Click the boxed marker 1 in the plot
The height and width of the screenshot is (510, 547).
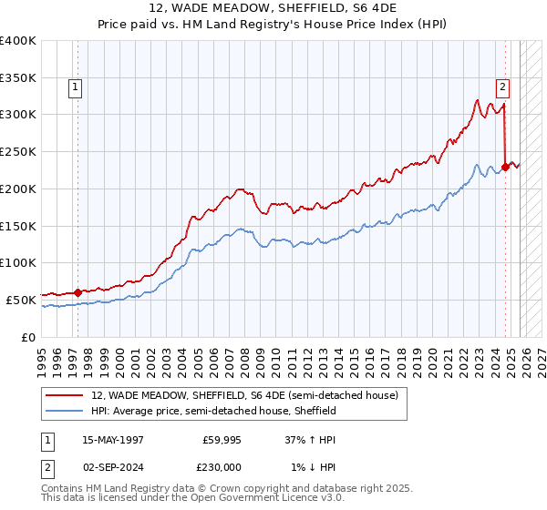75,87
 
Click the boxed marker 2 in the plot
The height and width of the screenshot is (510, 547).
502,87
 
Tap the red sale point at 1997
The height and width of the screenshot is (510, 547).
77,292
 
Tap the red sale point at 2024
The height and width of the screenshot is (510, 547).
506,166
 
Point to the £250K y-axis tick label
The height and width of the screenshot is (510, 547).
18,152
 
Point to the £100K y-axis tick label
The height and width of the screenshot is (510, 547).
18,262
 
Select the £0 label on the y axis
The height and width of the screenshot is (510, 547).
27,337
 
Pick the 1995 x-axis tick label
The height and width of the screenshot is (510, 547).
42,355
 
